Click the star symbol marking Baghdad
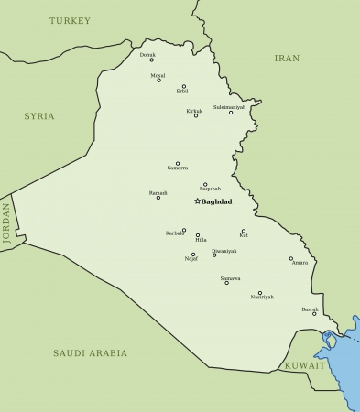point(197,201)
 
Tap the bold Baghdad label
point(218,201)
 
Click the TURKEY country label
point(71,20)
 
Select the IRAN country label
point(287,58)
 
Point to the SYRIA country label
point(39,116)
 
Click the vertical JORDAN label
point(6,222)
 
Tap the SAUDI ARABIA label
point(90,352)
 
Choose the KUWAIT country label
point(304,365)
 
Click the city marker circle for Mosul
point(158,81)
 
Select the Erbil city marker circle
point(183,86)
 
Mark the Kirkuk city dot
point(195,115)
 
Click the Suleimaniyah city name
point(229,107)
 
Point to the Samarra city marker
point(178,163)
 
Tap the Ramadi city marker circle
point(158,198)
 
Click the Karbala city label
point(175,233)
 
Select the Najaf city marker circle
point(193,255)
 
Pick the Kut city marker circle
point(244,231)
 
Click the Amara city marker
point(291,258)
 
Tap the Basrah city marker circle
point(314,314)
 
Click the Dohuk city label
point(147,54)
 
